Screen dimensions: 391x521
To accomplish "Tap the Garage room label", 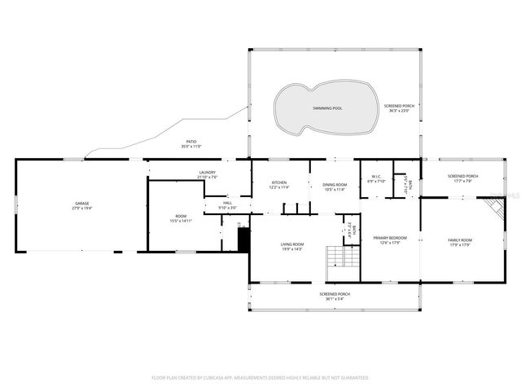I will [x=82, y=203].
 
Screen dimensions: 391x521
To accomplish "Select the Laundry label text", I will [x=208, y=172].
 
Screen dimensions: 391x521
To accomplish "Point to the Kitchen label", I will [x=279, y=183].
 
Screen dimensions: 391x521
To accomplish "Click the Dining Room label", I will [x=335, y=183].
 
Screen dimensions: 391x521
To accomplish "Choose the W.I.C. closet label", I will [x=377, y=176].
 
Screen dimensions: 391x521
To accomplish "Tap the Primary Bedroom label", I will [x=390, y=238].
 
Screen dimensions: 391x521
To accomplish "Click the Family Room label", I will [x=460, y=239].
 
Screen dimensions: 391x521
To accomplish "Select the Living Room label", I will [x=292, y=244].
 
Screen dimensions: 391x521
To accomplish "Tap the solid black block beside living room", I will [x=243, y=239].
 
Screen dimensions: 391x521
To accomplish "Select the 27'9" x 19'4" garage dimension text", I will [x=82, y=208].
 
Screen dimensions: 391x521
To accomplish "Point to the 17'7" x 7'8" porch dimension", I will [x=462, y=181].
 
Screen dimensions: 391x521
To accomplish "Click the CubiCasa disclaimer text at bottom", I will [x=260, y=377].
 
